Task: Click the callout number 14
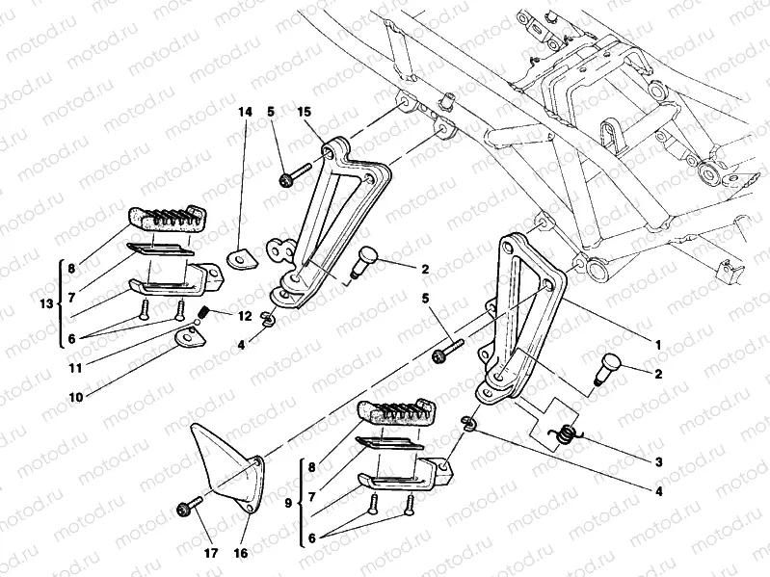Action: coord(246,112)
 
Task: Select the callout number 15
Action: coord(305,112)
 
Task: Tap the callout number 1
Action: coord(658,344)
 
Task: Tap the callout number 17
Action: coord(209,554)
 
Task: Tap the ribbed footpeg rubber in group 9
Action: coord(399,413)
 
